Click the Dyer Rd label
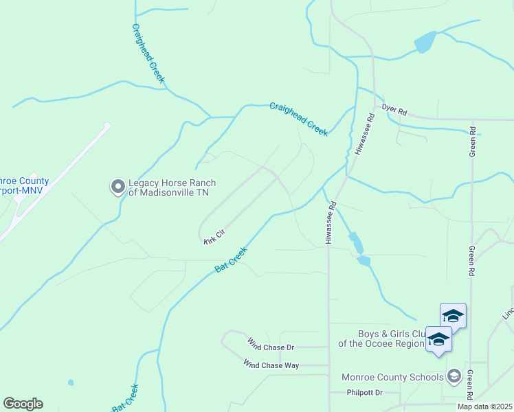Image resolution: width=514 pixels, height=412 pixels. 394,110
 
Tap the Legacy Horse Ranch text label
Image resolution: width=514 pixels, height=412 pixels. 172,187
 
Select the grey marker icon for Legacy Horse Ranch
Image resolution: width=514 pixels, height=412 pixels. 118,186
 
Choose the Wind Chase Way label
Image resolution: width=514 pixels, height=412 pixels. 271,365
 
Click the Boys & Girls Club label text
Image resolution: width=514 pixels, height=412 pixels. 380,338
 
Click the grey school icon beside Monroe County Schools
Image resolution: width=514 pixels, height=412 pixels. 454,376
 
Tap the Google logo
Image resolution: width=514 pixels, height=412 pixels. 23,404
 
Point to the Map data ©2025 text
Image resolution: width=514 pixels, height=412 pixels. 484,407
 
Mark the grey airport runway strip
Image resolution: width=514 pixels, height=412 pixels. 55,181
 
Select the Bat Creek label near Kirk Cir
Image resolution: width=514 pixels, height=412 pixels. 230,260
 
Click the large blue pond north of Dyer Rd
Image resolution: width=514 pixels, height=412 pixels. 425,43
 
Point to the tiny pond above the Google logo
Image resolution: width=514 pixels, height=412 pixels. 70,382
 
